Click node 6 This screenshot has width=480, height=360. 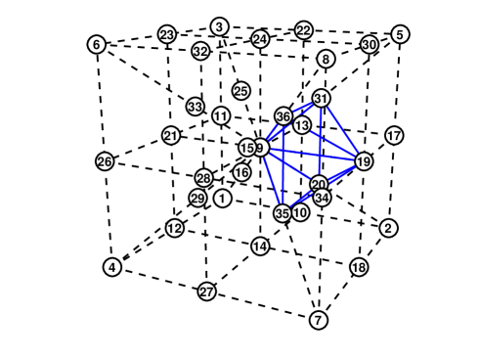click(x=96, y=45)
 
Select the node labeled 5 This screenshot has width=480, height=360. click(x=400, y=35)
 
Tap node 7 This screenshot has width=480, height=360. click(x=318, y=320)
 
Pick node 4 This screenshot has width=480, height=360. click(x=112, y=267)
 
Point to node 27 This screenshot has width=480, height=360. click(x=206, y=292)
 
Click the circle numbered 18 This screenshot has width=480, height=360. click(x=359, y=267)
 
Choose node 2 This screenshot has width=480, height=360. click(x=388, y=228)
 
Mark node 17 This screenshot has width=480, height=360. click(x=394, y=135)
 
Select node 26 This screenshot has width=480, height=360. click(x=105, y=160)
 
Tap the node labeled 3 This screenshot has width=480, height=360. click(x=220, y=26)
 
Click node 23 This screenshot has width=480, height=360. click(x=167, y=35)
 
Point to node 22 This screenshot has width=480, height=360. click(x=304, y=30)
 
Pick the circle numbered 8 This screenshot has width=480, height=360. click(x=326, y=60)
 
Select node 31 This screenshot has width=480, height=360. click(x=322, y=99)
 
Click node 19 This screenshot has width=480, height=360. click(x=364, y=161)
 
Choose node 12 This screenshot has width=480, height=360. click(x=174, y=228)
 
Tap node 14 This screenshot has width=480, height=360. click(x=259, y=246)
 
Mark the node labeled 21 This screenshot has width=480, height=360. click(x=171, y=136)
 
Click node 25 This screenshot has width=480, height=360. click(x=241, y=91)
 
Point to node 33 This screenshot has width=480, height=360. click(x=196, y=107)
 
